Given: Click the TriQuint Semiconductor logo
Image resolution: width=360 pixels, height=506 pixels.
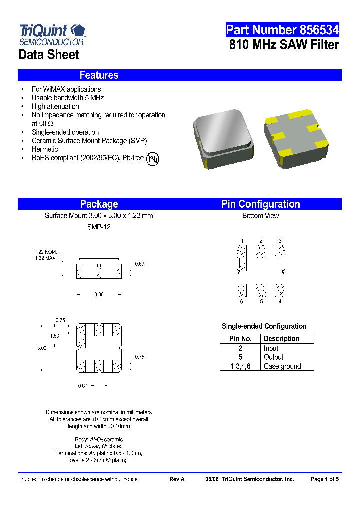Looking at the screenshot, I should (52, 34).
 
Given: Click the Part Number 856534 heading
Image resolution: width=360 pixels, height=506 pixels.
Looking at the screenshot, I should (282, 30).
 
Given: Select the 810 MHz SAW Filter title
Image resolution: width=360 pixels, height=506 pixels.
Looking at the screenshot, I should (284, 45).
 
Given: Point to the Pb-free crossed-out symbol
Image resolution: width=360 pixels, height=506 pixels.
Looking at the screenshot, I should (152, 158).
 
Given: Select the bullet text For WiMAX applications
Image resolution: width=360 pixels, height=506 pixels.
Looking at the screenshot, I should (66, 89).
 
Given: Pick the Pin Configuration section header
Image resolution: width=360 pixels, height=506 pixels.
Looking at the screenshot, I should (260, 204).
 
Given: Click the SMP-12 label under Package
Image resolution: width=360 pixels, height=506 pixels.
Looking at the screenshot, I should (99, 227).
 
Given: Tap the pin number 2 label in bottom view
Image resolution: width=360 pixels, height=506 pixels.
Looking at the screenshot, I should (261, 241).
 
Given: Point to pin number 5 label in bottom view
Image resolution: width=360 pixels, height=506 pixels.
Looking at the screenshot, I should (261, 302).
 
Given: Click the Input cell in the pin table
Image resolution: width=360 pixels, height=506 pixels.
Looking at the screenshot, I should (271, 348).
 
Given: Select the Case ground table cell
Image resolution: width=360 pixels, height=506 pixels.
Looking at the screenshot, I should (282, 366).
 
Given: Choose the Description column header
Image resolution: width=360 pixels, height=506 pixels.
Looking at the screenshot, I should (281, 339).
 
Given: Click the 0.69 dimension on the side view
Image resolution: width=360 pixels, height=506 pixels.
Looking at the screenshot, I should (140, 264).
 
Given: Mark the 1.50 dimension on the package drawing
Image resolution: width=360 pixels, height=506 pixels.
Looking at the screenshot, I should (54, 336).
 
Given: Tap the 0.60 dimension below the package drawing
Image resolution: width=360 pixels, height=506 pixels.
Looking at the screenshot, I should (83, 386).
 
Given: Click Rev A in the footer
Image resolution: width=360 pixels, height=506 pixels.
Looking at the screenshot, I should (177, 479).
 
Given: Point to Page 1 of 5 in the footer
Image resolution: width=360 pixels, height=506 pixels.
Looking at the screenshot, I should (324, 479).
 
